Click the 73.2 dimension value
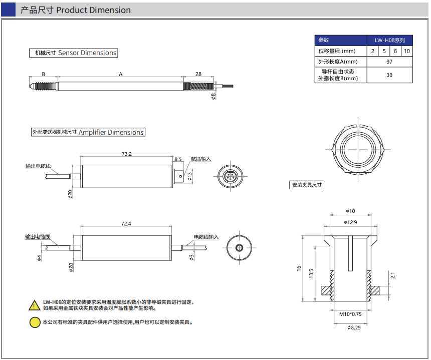pyautogui.click(x=126, y=154)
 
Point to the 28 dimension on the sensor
pyautogui.click(x=198, y=74)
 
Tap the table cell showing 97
pyautogui.click(x=389, y=62)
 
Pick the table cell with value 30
pyautogui.click(x=389, y=75)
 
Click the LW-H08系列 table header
pyautogui.click(x=389, y=41)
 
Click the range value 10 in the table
pyautogui.click(x=407, y=51)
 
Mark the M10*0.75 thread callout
pyautogui.click(x=350, y=314)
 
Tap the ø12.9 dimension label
pyautogui.click(x=350, y=222)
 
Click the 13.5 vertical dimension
pyautogui.click(x=311, y=273)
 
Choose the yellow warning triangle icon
pyautogui.click(x=34, y=304)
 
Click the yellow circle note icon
pyautogui.click(x=35, y=322)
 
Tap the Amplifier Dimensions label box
pyautogui.click(x=88, y=132)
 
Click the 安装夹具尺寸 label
pyautogui.click(x=307, y=185)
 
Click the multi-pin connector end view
pyautogui.click(x=230, y=177)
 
